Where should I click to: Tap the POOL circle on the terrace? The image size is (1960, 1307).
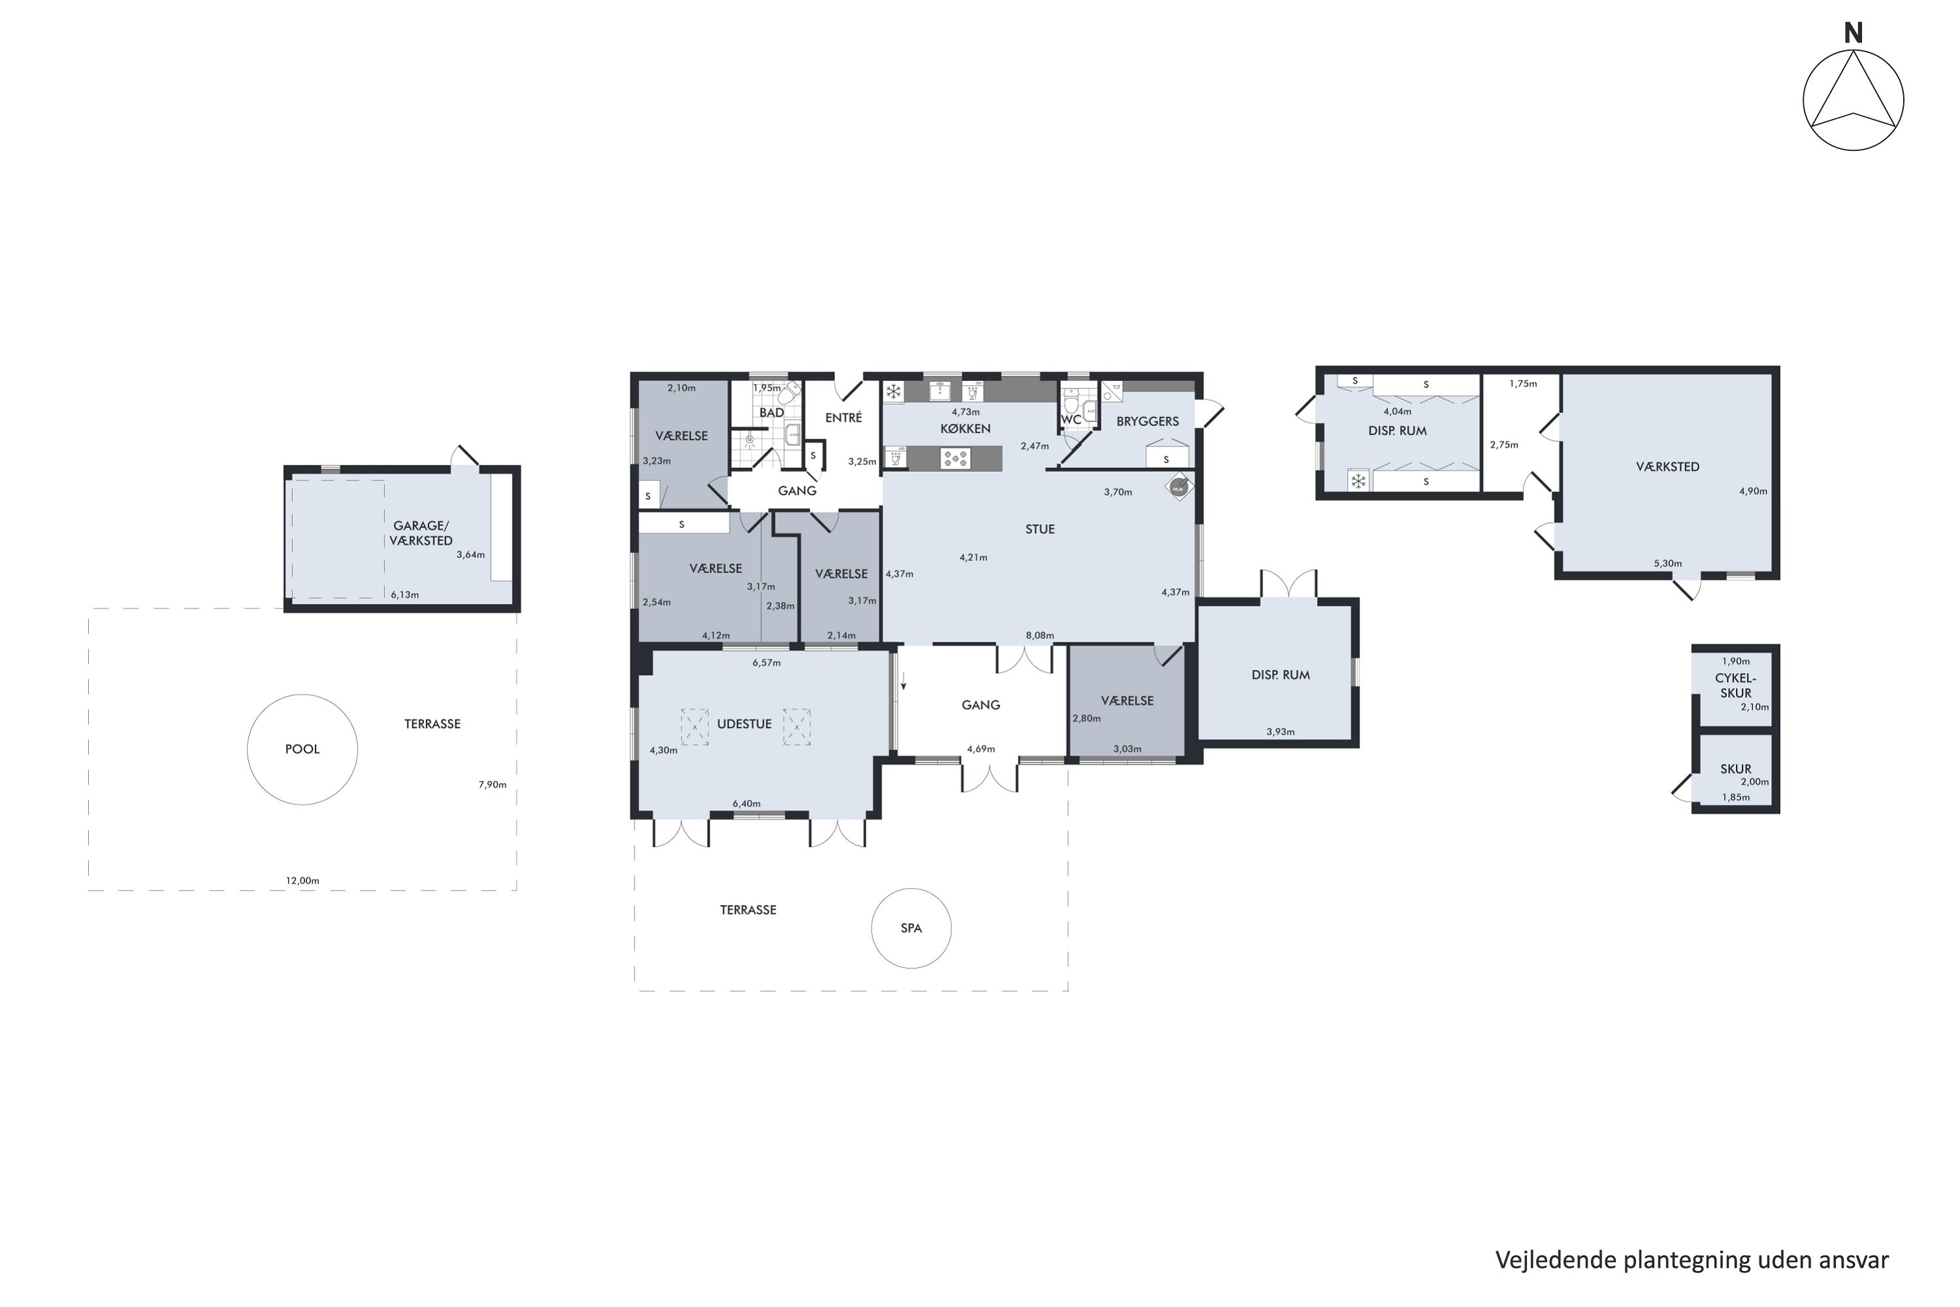248,750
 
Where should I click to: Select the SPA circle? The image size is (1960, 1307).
872,928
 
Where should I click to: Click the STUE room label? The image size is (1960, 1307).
1040,529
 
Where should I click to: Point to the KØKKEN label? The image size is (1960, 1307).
966,429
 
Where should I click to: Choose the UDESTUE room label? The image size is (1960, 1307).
744,723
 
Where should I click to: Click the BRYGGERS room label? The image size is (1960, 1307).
1147,421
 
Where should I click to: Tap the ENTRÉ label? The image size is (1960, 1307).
843,417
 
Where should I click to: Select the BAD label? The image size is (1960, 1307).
772,412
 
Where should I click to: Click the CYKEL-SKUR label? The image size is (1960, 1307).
1736,685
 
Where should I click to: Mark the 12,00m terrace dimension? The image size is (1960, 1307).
302,880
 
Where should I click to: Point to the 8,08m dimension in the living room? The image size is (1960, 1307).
1040,635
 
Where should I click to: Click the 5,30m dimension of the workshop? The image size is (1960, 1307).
1667,563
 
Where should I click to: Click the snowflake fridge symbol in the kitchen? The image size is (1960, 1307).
893,391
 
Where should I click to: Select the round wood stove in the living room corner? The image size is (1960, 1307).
1179,488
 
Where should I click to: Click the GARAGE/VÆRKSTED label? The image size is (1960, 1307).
421,533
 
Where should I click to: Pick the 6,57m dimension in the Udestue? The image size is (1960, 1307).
766,663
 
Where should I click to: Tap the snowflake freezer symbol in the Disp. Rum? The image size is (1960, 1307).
1358,481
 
